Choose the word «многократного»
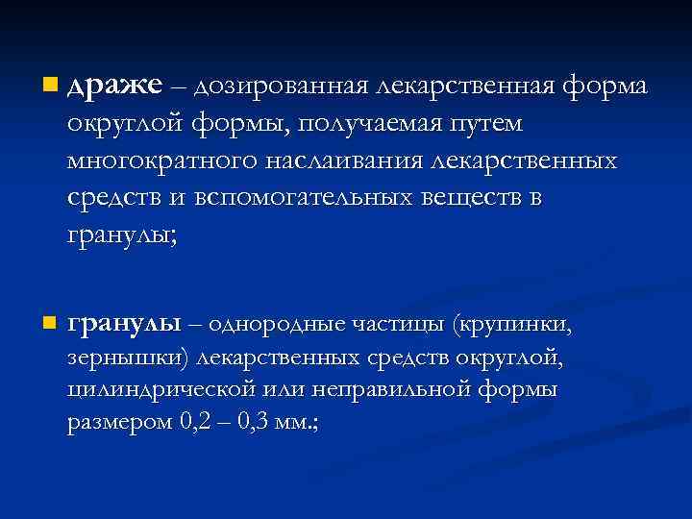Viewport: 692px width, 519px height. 154,161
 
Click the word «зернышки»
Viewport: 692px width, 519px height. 128,358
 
